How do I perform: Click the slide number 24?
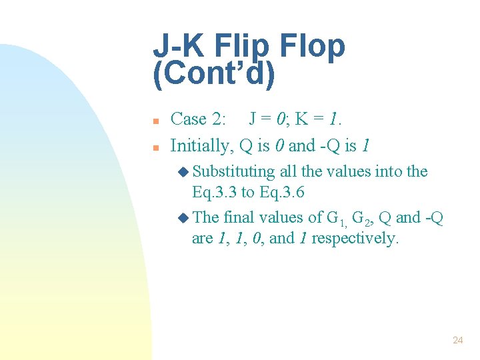(457, 340)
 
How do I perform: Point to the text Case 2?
(199, 119)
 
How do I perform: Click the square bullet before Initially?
(155, 147)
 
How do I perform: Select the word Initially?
(198, 145)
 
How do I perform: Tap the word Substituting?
(234, 172)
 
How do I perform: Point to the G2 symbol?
(361, 219)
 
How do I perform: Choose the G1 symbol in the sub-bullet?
(335, 219)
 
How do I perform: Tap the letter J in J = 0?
(253, 119)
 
